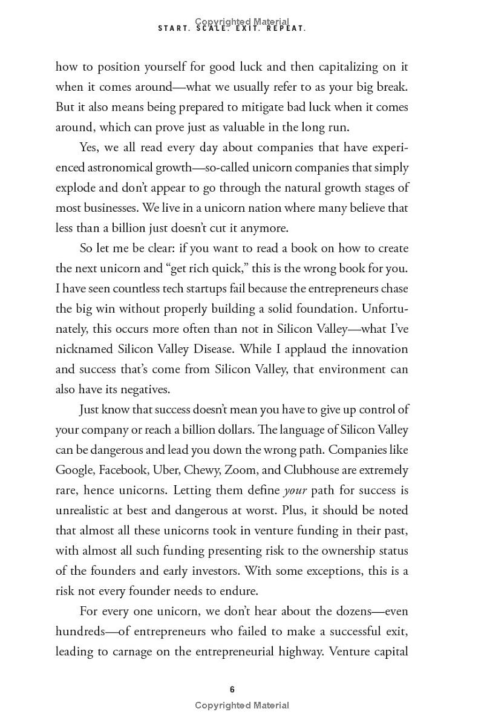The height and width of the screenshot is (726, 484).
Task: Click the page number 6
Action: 232,690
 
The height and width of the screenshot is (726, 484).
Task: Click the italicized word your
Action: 295,491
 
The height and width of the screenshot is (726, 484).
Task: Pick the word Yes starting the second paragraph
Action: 90,148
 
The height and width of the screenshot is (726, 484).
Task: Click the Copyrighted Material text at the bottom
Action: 242,705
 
